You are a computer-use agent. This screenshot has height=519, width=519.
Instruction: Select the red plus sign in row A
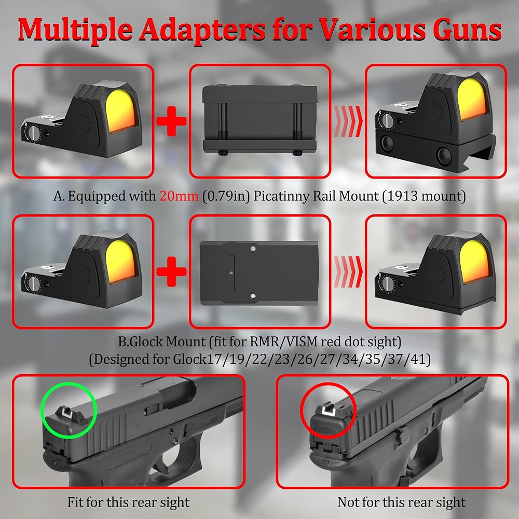(x=171, y=121)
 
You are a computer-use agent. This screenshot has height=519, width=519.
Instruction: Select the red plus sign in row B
(x=171, y=271)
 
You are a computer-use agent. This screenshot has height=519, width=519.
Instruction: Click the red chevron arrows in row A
(x=348, y=121)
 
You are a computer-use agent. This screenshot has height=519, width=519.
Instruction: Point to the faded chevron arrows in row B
(x=348, y=271)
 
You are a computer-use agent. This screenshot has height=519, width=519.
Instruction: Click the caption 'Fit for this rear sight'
(x=128, y=502)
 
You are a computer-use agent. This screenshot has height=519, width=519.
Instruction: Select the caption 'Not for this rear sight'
(x=401, y=502)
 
